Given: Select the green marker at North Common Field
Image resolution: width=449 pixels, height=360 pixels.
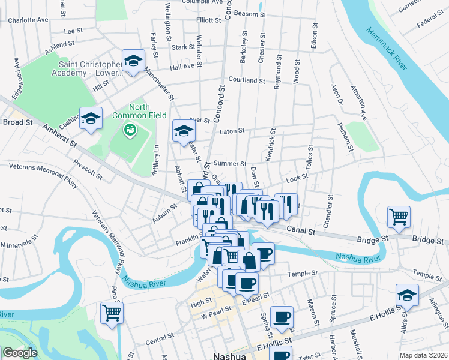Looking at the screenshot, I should coord(130,129).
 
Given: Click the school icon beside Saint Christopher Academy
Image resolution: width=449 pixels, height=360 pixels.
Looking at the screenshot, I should coord(133,60).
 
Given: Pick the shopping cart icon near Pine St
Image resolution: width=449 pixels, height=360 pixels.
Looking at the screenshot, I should coord(112,312).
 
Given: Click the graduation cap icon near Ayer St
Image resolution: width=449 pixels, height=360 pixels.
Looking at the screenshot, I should coord(184,131).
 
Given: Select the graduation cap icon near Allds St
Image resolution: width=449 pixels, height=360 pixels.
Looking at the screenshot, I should coord(407,295).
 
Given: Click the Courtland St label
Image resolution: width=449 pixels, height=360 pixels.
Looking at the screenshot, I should coord(247,80).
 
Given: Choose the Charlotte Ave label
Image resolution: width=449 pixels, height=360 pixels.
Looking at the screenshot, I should coord(28,19).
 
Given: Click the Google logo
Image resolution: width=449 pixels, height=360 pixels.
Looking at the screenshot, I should coord(20,353).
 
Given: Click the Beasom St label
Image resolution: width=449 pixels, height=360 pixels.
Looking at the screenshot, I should coord(250,13).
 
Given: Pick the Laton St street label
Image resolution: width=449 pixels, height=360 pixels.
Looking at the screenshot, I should coord(232,131).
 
